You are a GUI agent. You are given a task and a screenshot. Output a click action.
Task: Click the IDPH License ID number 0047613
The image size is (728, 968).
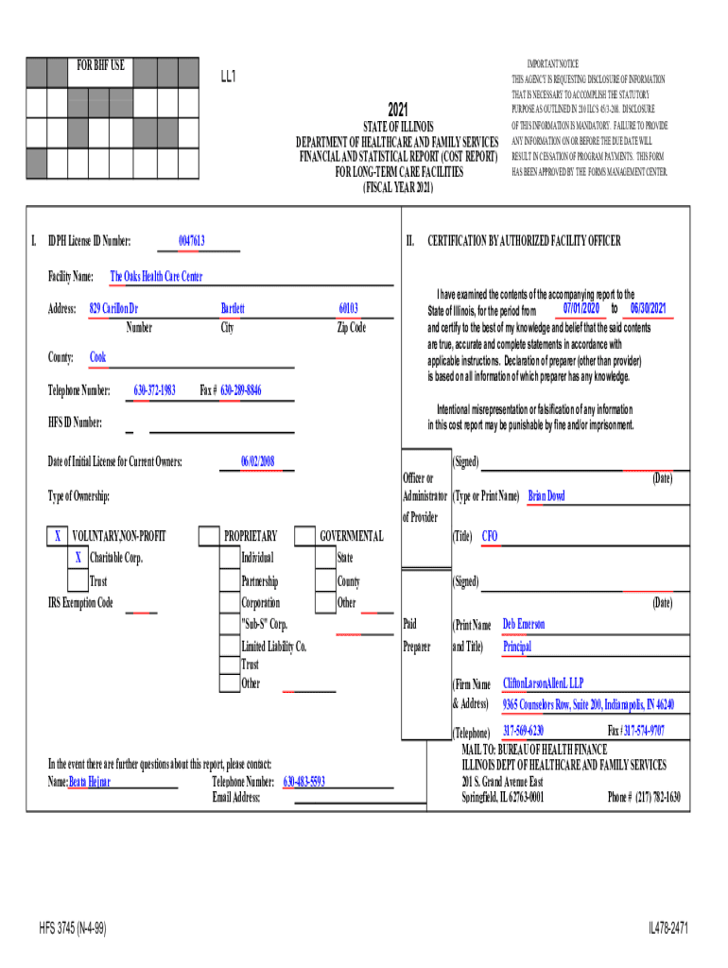(x=192, y=242)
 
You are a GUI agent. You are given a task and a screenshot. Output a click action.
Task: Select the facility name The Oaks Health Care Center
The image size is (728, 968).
(x=156, y=277)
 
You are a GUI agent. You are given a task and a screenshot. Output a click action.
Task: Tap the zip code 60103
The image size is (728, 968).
(x=348, y=309)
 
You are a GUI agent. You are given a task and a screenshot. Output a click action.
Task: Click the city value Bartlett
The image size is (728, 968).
(x=233, y=309)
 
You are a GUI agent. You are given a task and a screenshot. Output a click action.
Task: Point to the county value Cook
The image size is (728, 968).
(x=97, y=357)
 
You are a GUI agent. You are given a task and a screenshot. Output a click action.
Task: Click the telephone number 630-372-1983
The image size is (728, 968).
(x=154, y=390)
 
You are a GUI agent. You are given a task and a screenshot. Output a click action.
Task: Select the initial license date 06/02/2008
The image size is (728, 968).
(x=257, y=461)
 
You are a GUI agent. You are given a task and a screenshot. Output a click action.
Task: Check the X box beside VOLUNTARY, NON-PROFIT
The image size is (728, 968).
(x=58, y=537)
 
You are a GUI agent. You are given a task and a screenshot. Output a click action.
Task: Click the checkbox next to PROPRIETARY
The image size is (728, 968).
(x=208, y=537)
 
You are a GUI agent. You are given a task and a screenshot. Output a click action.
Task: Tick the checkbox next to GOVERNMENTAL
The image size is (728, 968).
(x=304, y=537)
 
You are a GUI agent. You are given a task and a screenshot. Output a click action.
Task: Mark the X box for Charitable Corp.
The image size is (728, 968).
(x=78, y=558)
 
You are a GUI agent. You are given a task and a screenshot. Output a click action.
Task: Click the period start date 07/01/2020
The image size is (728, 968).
(x=581, y=309)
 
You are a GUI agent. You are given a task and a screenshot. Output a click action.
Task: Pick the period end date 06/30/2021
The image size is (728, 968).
(x=648, y=309)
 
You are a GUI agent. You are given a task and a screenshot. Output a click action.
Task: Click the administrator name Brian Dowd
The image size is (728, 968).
(x=546, y=496)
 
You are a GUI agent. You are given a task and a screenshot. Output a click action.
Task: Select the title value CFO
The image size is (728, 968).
(x=490, y=537)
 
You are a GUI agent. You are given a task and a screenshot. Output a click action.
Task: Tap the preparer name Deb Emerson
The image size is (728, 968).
(x=523, y=625)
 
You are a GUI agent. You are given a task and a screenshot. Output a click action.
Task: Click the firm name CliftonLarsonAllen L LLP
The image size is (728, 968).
(x=543, y=683)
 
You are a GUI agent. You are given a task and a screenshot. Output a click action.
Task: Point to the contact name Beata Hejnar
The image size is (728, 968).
(x=90, y=783)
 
